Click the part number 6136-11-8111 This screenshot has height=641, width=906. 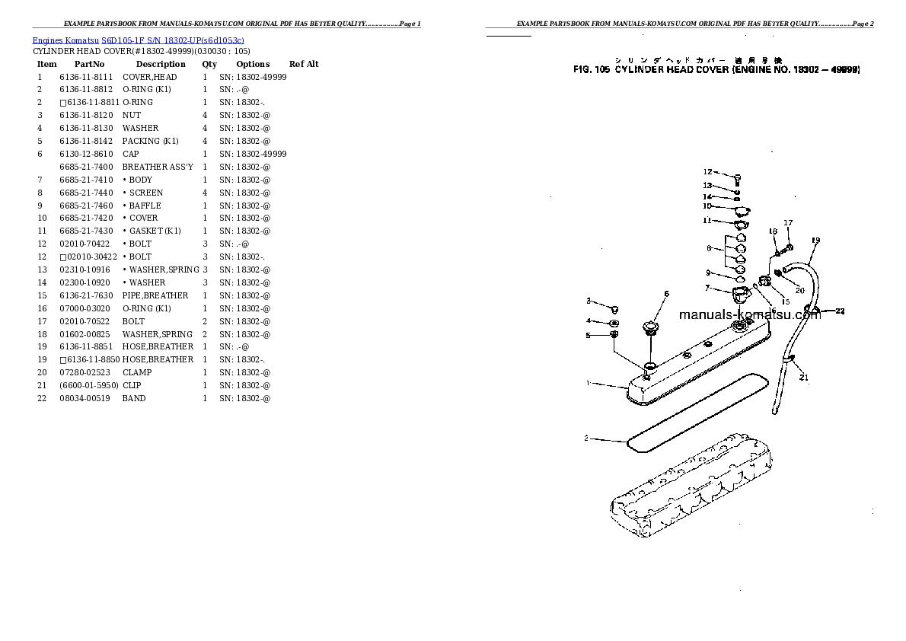pos(85,77)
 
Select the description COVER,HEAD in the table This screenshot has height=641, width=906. pos(149,77)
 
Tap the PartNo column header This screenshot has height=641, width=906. pos(89,64)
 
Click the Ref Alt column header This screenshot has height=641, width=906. pos(304,64)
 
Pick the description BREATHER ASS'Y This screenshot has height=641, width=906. pos(158,167)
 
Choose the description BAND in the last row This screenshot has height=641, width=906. pos(134,398)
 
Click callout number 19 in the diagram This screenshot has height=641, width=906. pos(815,241)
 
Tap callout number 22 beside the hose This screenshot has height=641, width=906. pos(840,311)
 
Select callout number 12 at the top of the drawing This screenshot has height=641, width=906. pos(707,172)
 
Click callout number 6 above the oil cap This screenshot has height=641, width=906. pos(666,294)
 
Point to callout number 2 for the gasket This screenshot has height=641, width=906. pos(586,438)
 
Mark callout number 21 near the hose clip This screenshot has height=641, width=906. pos(804,377)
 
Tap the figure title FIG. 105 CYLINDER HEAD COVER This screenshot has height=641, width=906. pos(716,69)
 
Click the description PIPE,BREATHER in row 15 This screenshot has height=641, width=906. pos(155,295)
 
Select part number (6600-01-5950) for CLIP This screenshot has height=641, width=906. pos(89,385)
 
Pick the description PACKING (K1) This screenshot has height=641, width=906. pos(150,141)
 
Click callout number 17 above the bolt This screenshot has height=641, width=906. pos(788,223)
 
